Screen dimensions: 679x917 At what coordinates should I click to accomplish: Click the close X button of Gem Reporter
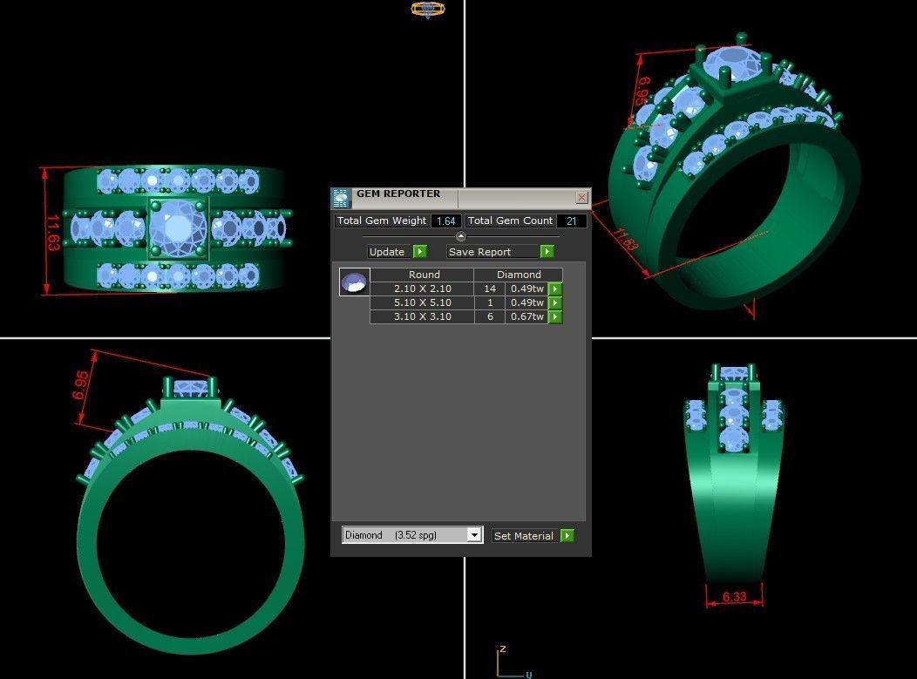point(581,198)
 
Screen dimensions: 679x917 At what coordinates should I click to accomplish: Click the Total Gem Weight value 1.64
point(446,221)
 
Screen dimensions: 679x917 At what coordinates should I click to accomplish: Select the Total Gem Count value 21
point(572,221)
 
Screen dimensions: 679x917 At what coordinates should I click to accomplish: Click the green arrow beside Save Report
point(547,252)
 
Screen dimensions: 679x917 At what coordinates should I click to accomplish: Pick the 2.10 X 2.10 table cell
point(423,289)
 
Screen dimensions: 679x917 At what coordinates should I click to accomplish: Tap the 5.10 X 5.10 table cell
point(423,302)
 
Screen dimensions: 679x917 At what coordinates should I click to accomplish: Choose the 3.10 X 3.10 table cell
point(423,316)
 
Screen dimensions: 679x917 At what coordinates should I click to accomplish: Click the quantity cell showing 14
point(489,289)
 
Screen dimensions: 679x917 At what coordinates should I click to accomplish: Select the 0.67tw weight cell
point(526,316)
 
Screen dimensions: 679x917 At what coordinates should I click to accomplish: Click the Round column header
point(424,275)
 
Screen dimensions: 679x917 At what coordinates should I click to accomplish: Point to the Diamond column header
point(519,275)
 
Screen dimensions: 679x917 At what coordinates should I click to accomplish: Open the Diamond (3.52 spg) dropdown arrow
point(474,535)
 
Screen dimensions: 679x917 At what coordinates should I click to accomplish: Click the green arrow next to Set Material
point(567,536)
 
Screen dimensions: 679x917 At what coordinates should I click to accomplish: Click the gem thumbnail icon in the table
point(355,282)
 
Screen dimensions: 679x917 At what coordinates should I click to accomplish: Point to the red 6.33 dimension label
point(734,598)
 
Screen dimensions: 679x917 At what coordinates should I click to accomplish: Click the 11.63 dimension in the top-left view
point(52,233)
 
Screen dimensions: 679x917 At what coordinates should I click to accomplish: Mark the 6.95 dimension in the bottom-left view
point(81,385)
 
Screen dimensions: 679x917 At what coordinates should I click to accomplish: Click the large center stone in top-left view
point(177,228)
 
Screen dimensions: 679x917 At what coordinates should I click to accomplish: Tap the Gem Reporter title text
point(398,194)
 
